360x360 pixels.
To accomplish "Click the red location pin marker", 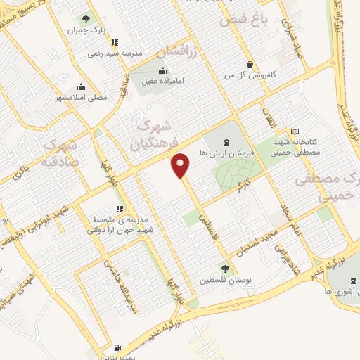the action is [181, 165].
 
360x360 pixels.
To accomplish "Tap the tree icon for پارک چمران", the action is [86, 19].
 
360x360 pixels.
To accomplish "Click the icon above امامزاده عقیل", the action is [163, 70].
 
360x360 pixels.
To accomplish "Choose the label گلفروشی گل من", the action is [250, 74].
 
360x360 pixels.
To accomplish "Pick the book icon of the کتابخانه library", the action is [295, 131].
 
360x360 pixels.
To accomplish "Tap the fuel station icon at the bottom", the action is [117, 347].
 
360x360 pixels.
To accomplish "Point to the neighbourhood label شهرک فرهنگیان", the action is [150, 137].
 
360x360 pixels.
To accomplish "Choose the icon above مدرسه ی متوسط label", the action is [119, 209].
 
